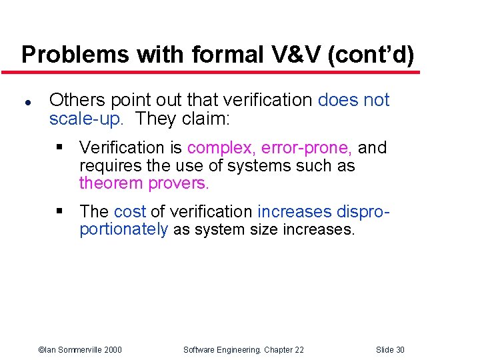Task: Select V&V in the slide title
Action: [294, 55]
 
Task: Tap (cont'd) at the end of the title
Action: [371, 55]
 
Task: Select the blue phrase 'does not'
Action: [353, 100]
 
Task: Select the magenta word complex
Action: [221, 147]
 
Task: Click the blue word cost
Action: [129, 211]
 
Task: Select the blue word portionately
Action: [123, 230]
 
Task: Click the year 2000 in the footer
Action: [113, 350]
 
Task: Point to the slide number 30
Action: [399, 350]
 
